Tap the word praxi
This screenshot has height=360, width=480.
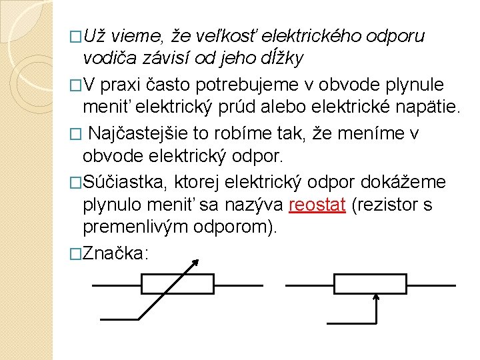pyautogui.click(x=123, y=85)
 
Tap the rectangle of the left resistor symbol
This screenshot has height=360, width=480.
pyautogui.click(x=177, y=285)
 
